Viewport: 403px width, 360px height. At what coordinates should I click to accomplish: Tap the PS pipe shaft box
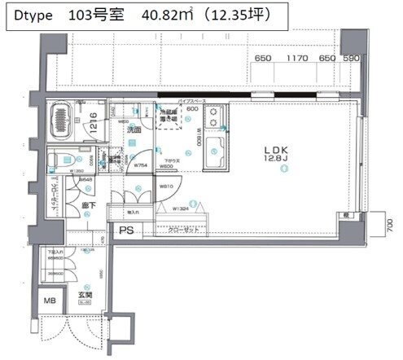tap(126, 230)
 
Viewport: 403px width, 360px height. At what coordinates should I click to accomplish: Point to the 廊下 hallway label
tap(89, 206)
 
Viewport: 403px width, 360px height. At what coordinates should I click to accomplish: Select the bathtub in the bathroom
tap(61, 119)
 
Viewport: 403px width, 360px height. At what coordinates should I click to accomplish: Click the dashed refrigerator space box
tap(169, 118)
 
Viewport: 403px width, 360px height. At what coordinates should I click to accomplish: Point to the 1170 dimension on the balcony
tap(296, 58)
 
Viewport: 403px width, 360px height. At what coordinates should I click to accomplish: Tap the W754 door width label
tap(140, 165)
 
